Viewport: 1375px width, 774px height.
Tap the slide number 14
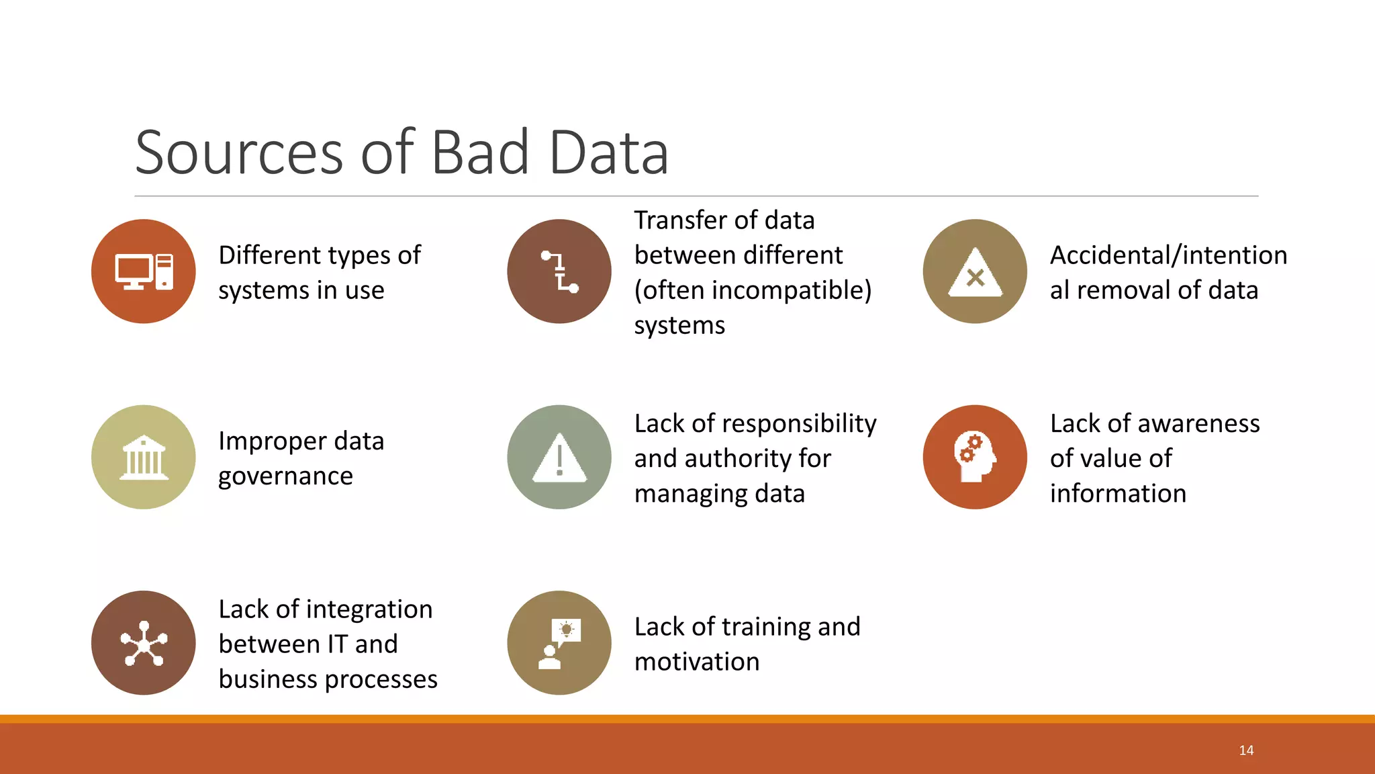pos(1246,750)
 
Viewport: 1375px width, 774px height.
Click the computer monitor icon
pos(144,271)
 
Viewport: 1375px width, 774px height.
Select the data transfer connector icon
pos(559,271)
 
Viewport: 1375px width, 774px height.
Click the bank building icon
pos(144,458)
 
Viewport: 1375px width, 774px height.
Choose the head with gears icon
pos(975,458)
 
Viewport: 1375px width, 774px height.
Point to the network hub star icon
pos(144,643)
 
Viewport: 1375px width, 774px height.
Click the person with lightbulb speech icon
pos(559,644)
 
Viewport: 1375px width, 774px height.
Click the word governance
pos(285,476)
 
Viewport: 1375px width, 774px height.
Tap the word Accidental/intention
pos(1168,255)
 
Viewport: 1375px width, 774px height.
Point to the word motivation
pos(697,662)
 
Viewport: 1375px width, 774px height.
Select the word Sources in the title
pos(240,153)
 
